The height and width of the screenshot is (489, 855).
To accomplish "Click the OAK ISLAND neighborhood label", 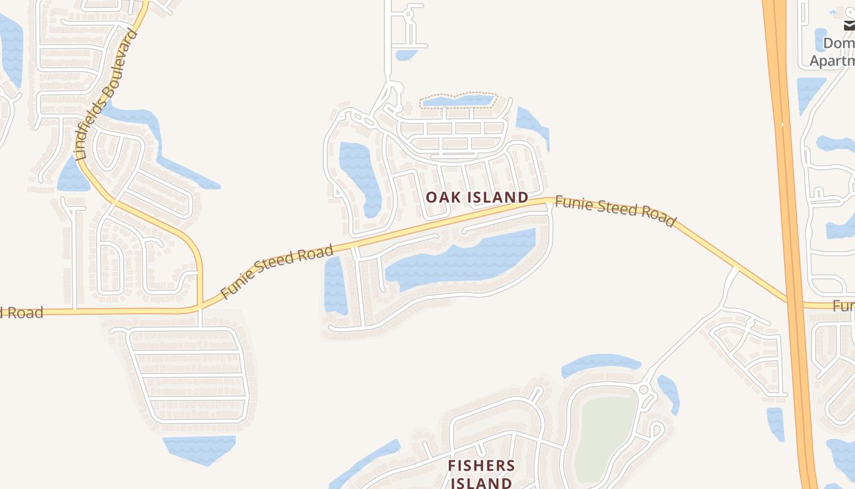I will tap(476, 197).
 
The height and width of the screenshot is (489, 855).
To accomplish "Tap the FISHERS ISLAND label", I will tap(481, 474).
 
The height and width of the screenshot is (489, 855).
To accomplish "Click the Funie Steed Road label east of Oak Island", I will tap(615, 210).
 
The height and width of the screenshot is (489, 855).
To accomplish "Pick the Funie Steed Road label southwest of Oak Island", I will tap(277, 271).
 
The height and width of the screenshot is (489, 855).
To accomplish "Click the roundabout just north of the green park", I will tap(643, 390).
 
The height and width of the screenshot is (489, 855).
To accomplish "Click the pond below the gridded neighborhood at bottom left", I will tap(199, 449).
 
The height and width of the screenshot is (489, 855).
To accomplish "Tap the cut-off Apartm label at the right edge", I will tap(832, 61).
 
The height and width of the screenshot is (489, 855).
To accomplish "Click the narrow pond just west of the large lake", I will tap(335, 284).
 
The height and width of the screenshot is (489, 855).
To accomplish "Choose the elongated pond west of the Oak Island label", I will tap(360, 177).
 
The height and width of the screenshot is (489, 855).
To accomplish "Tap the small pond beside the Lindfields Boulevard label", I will tap(72, 176).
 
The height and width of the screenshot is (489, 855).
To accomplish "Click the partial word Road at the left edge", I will tap(21, 313).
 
